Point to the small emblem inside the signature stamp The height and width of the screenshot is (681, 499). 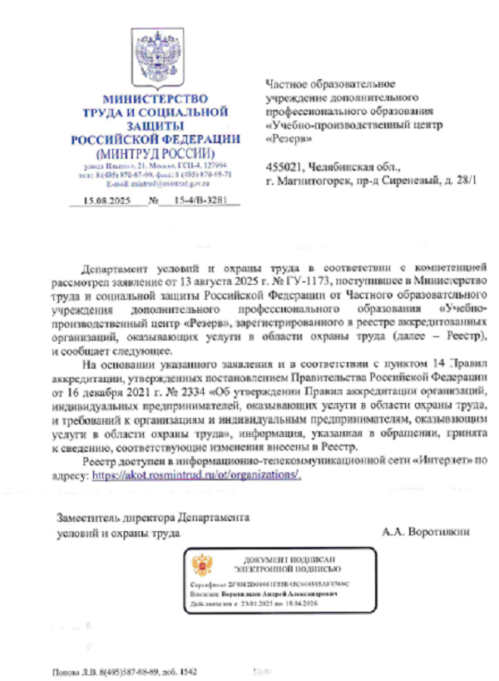[200, 566]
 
